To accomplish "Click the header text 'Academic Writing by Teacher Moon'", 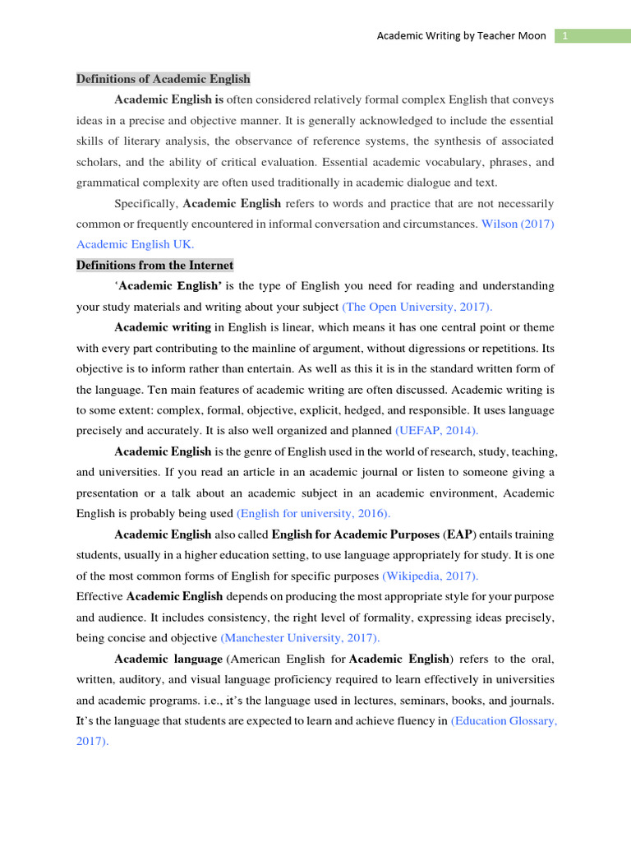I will pyautogui.click(x=461, y=36).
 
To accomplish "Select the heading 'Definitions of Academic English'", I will pyautogui.click(x=164, y=79).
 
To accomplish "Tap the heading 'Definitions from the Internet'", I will pyautogui.click(x=154, y=265).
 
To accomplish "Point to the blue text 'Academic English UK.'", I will pyautogui.click(x=136, y=244).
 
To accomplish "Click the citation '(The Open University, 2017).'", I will pyautogui.click(x=417, y=307).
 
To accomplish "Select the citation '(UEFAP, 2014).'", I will pyautogui.click(x=436, y=430).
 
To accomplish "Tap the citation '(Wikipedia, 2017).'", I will pyautogui.click(x=431, y=576).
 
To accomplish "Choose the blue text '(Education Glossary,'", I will pyautogui.click(x=504, y=720).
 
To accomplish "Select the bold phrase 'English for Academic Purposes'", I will pyautogui.click(x=355, y=534).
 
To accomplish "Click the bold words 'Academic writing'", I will pyautogui.click(x=163, y=327).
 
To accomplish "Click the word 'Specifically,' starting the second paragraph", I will pyautogui.click(x=145, y=203).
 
